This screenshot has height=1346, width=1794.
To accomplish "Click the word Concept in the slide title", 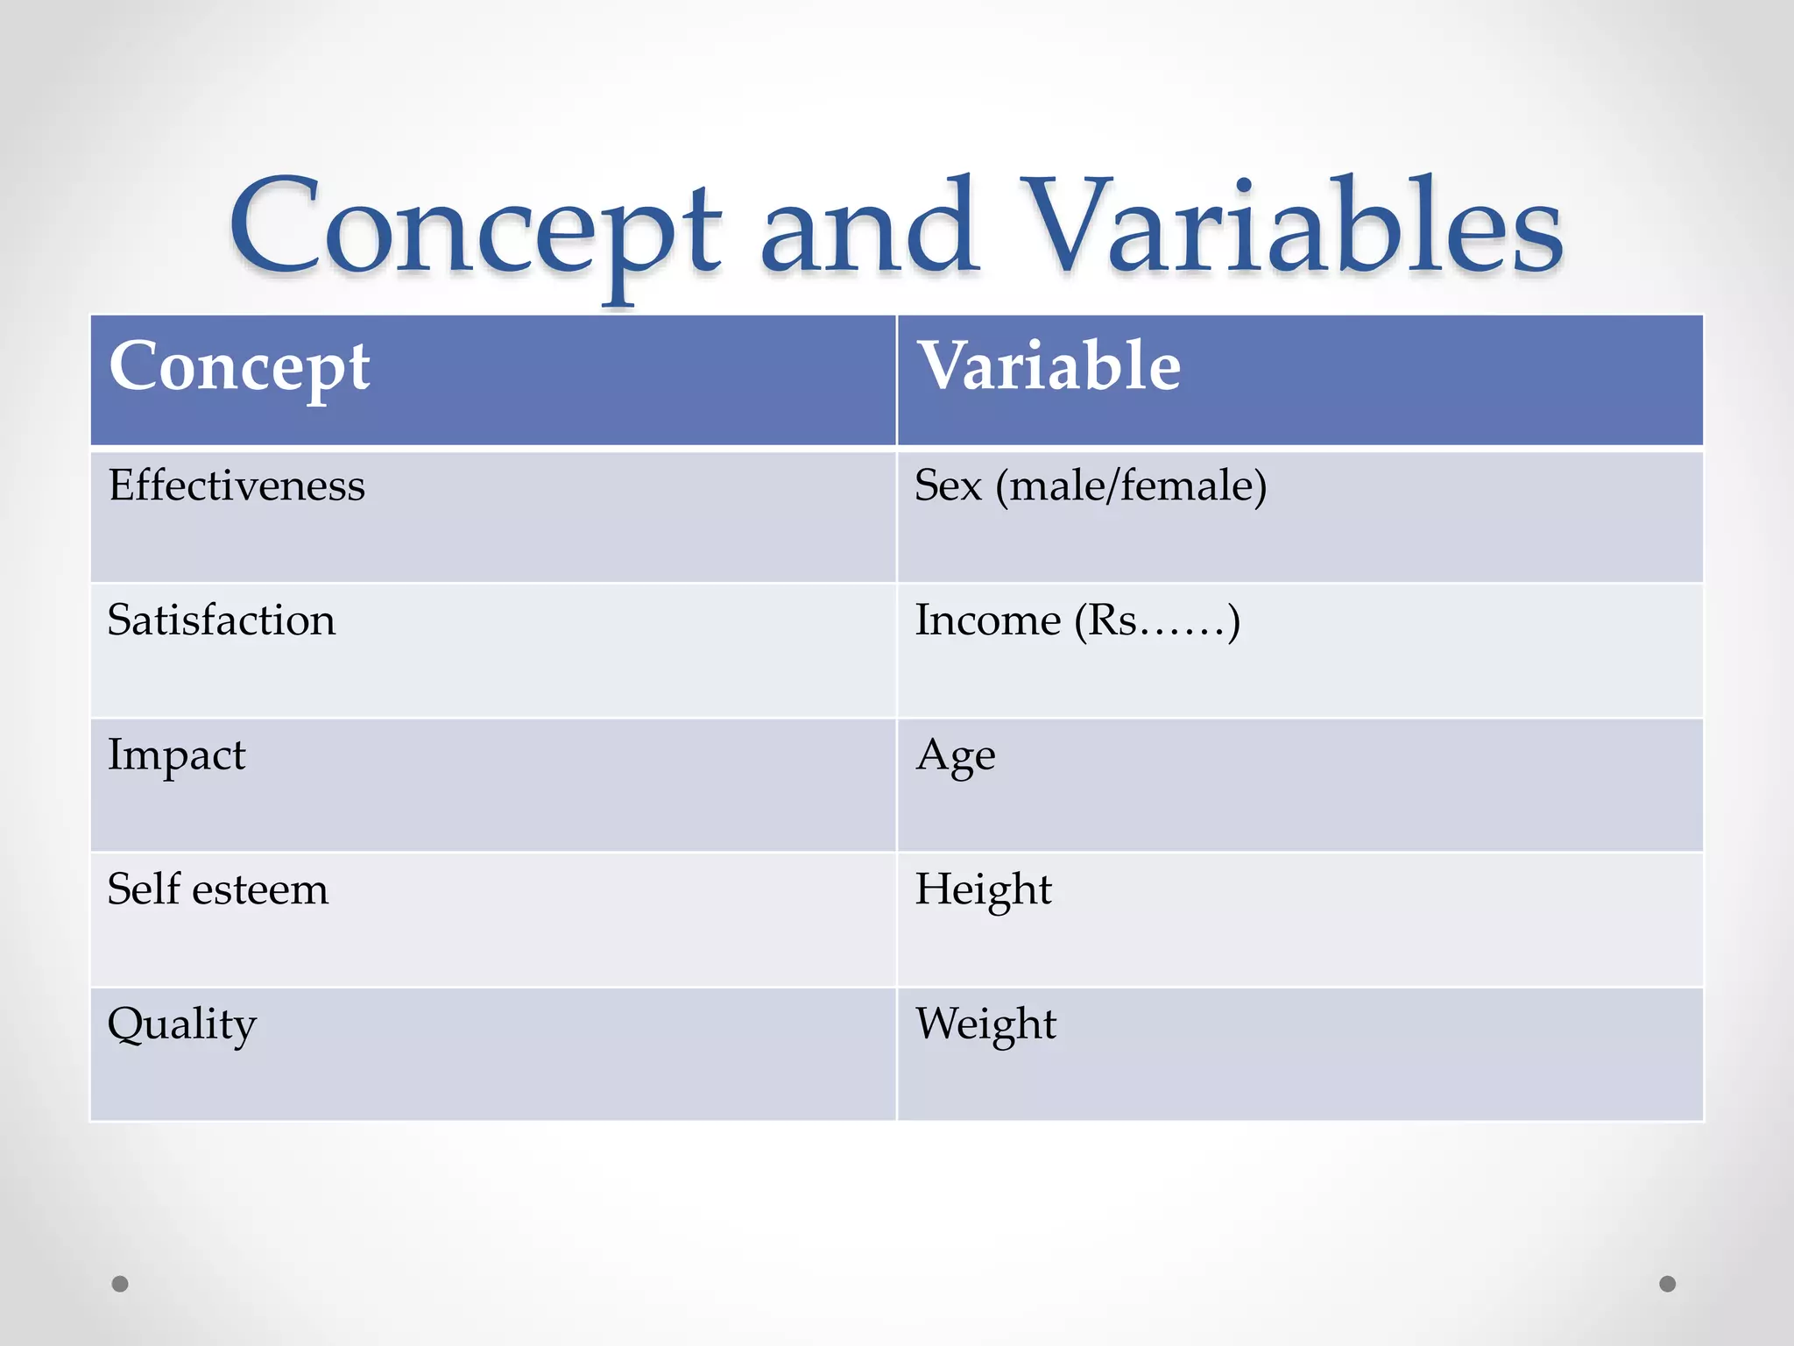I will [474, 230].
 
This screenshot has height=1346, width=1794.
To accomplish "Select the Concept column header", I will [239, 366].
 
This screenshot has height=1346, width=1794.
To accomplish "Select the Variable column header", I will [1048, 366].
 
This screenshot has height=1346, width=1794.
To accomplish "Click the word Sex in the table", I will [948, 485].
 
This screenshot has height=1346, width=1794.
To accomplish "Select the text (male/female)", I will [1131, 486].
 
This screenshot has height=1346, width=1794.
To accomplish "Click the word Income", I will [987, 620].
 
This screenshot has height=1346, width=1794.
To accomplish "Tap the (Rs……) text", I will [1157, 621].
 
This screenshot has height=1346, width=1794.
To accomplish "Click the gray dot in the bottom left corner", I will [120, 1284].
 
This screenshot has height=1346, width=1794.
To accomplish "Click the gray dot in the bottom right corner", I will [1668, 1284].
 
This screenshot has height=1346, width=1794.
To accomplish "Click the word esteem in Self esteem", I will [260, 890].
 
